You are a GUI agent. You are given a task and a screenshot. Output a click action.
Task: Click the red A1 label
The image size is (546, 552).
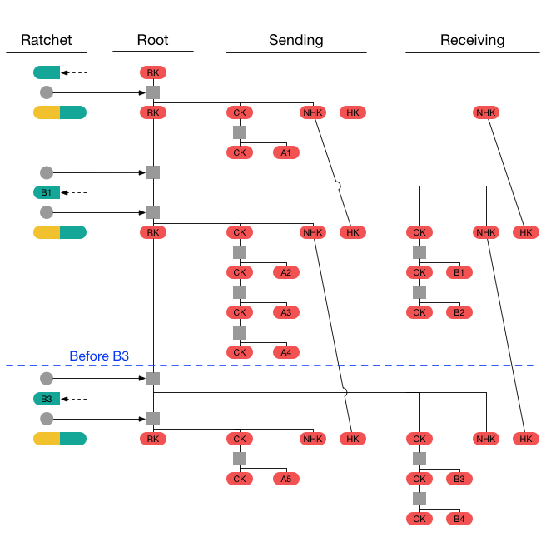click(x=286, y=152)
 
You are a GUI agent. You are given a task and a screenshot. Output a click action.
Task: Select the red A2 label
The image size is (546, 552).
click(x=286, y=272)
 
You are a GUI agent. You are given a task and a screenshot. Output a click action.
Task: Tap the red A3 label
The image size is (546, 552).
click(x=286, y=312)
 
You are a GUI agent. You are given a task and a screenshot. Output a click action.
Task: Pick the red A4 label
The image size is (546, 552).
click(x=286, y=352)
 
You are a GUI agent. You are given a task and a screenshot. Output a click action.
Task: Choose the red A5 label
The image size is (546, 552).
click(x=286, y=479)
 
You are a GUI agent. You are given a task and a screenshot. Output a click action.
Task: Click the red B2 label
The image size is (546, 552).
click(x=459, y=312)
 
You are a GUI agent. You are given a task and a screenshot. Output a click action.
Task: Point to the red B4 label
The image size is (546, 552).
click(x=459, y=519)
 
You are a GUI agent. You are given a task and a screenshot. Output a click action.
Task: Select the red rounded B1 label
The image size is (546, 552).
click(x=459, y=272)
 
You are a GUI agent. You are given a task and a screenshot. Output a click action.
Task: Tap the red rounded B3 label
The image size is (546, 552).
click(x=459, y=479)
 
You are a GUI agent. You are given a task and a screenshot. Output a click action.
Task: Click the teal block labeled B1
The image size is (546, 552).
click(x=47, y=192)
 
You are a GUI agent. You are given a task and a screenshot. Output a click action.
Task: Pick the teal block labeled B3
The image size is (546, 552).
click(x=47, y=399)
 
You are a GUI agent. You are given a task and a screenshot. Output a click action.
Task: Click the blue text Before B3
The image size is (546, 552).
click(x=99, y=356)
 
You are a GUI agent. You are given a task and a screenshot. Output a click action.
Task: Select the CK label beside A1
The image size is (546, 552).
click(x=240, y=152)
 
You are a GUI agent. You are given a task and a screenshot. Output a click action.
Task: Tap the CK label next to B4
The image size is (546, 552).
click(x=419, y=519)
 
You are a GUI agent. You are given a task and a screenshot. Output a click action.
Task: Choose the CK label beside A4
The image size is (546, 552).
click(x=240, y=352)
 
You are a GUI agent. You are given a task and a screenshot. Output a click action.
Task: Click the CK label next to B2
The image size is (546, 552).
click(x=419, y=312)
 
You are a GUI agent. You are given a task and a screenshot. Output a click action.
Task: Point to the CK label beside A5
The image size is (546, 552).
click(x=240, y=479)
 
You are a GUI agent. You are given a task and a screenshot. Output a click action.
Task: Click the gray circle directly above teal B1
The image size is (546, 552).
click(x=47, y=172)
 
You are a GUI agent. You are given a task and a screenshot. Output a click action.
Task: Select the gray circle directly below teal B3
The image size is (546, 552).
click(x=47, y=419)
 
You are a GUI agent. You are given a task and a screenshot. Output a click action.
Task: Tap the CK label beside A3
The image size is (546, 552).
click(x=240, y=312)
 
